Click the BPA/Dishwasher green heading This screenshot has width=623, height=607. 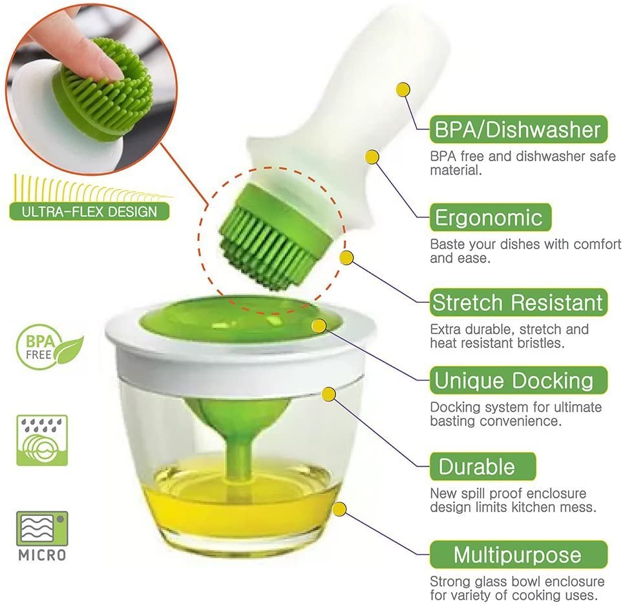(x=518, y=129)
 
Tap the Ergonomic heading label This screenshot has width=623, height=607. (x=491, y=218)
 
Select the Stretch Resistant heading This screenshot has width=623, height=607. (x=518, y=302)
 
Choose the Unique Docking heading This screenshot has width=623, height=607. (x=518, y=380)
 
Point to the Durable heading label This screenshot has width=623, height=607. (x=482, y=466)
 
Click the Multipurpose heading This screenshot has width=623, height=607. (x=518, y=554)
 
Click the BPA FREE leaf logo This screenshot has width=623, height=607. (x=49, y=347)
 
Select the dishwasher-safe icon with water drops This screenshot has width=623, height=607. (x=42, y=440)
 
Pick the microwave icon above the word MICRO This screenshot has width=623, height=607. (x=42, y=528)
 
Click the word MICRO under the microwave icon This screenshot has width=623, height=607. (x=42, y=555)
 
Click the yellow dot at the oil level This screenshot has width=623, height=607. (x=339, y=509)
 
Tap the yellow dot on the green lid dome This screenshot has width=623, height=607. (x=319, y=326)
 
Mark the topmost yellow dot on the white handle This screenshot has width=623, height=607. (x=403, y=90)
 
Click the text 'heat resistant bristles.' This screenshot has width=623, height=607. (x=497, y=343)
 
